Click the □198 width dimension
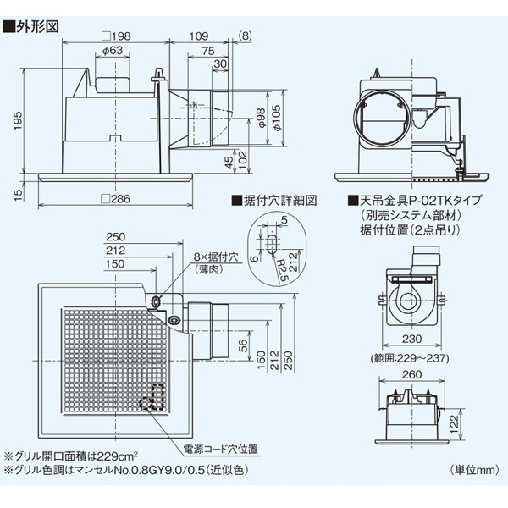click(x=115, y=37)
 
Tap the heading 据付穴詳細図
click(x=274, y=202)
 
